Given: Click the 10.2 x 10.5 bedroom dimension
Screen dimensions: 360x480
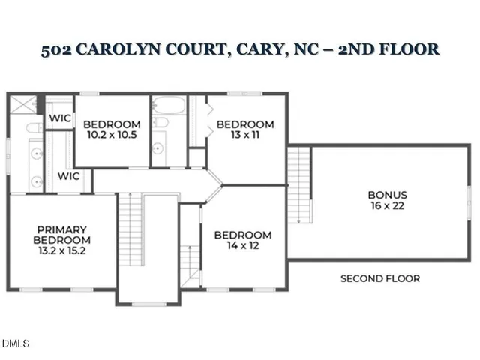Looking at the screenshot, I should [x=112, y=135].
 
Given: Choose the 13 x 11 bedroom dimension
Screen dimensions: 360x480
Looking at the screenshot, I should [x=245, y=135].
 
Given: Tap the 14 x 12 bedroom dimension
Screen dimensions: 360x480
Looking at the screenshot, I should [x=243, y=245].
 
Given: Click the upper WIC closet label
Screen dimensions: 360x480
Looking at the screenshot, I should [x=59, y=118].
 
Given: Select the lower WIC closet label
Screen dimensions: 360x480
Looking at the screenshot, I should [x=69, y=176].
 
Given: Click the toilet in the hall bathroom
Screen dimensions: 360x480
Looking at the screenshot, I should [x=159, y=124].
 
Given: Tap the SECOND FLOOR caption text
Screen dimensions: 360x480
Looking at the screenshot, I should [x=380, y=278].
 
